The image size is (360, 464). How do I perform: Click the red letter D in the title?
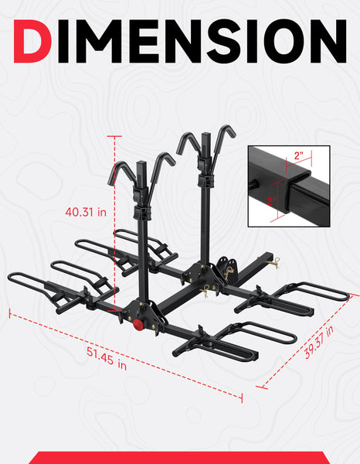pyautogui.click(x=32, y=41)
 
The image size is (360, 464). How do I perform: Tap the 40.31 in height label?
pyautogui.click(x=86, y=212)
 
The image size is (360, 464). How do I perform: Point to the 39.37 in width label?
pyautogui.click(x=319, y=342)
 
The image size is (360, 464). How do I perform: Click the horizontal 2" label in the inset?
pyautogui.click(x=299, y=155)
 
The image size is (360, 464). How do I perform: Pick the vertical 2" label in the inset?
pyautogui.click(x=272, y=201)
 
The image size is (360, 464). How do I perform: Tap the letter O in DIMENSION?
pyautogui.click(x=288, y=41)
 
